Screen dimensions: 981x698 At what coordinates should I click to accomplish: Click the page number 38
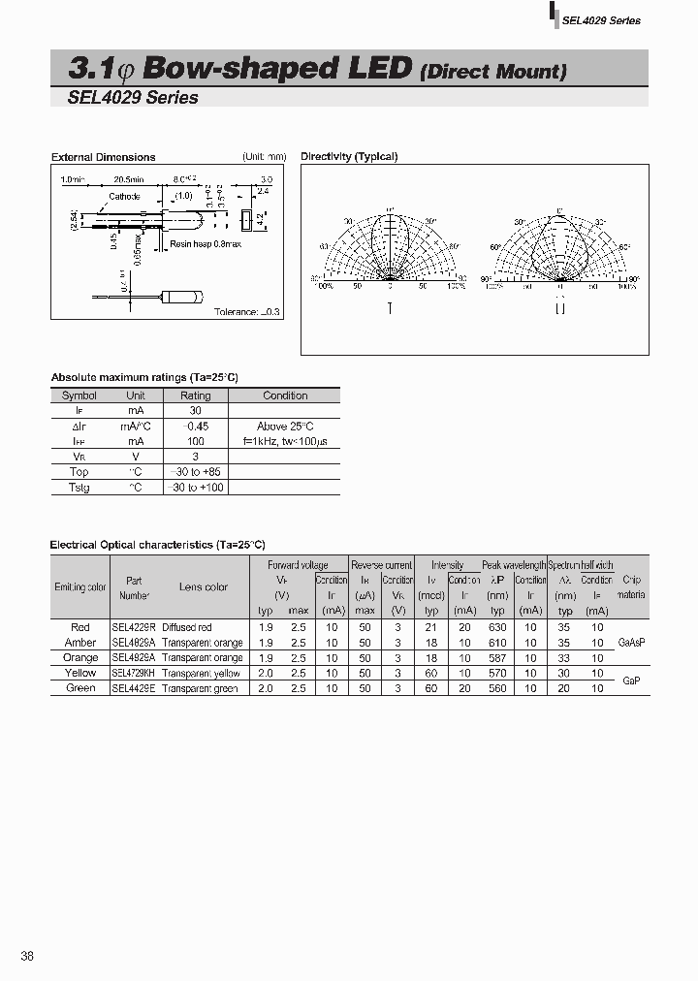[27, 956]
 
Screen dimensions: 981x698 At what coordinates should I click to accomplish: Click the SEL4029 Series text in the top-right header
[602, 20]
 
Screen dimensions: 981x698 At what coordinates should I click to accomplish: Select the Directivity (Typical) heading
[349, 156]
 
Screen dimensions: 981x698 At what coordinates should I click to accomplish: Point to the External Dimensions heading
[103, 157]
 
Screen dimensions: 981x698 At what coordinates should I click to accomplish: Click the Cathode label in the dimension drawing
[124, 196]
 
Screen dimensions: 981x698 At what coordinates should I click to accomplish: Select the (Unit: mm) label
[264, 156]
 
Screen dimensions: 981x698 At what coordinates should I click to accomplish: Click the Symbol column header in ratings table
[79, 396]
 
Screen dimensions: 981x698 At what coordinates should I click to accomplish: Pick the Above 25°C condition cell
[285, 426]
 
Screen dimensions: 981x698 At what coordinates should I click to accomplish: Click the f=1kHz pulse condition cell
[285, 441]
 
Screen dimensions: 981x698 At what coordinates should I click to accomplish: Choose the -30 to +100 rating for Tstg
[196, 487]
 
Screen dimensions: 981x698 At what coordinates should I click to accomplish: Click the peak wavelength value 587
[497, 657]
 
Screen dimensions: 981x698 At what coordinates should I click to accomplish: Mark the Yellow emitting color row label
[80, 673]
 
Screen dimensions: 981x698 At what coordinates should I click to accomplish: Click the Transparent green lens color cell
[200, 688]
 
